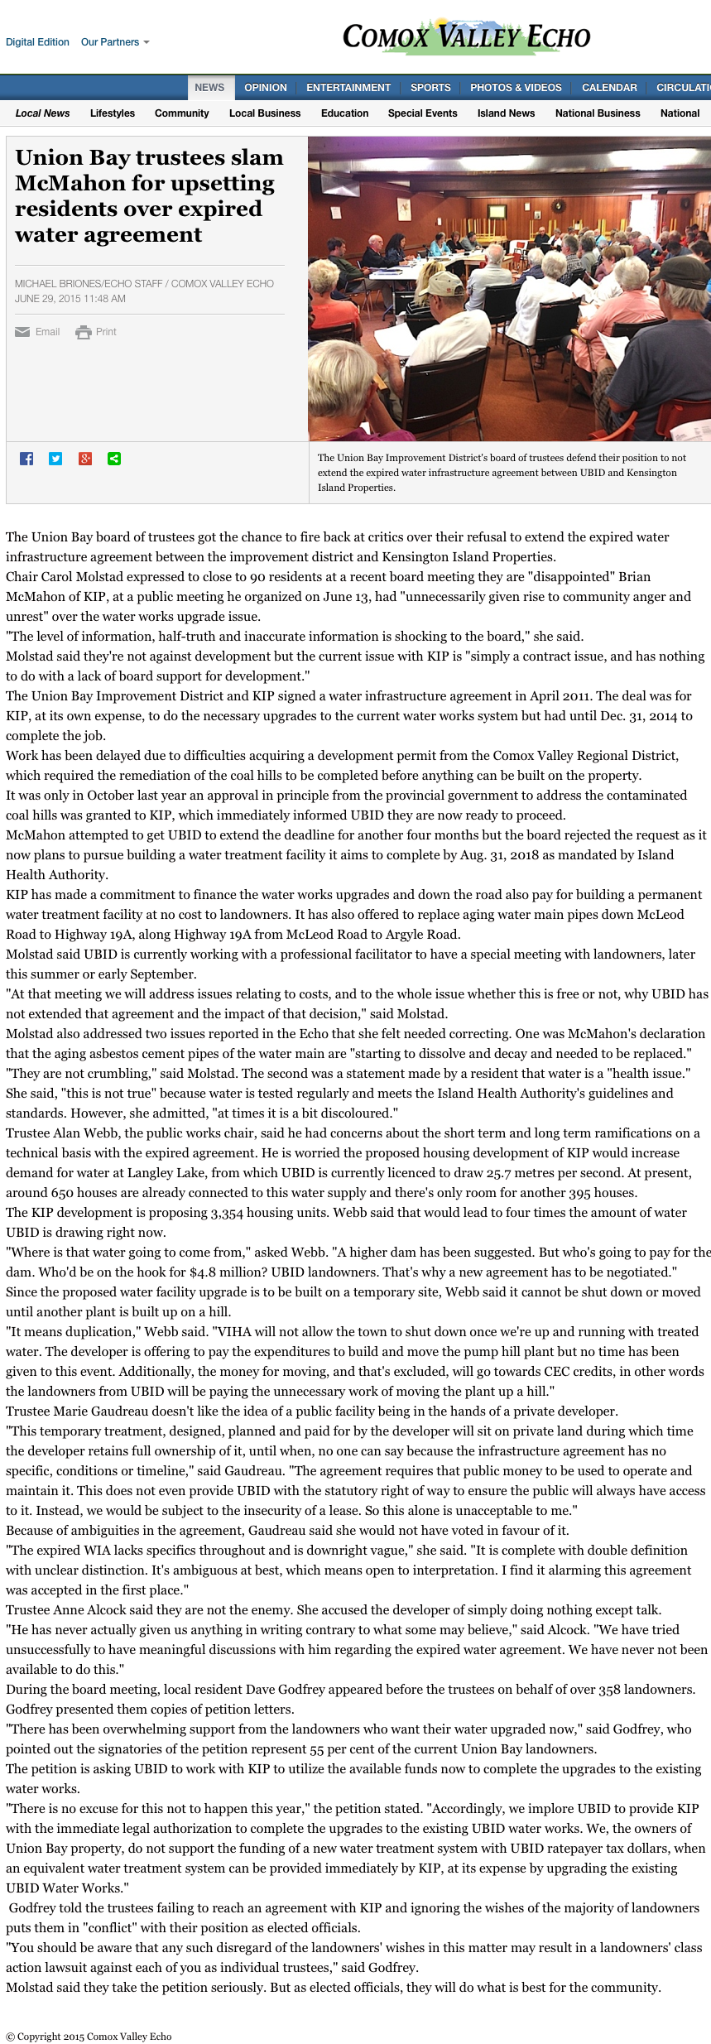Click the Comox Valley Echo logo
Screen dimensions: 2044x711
coord(466,37)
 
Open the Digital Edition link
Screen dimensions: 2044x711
coord(37,42)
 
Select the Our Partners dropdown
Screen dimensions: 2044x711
coord(114,42)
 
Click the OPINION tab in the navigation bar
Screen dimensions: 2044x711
coord(265,88)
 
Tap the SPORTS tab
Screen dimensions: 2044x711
coord(430,88)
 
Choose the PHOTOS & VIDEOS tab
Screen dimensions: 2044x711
coord(516,88)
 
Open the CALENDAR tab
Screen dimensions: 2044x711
coord(609,88)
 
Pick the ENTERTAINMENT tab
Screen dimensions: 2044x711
coord(348,88)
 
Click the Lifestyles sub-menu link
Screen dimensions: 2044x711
coord(113,113)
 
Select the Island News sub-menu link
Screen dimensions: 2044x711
coord(506,113)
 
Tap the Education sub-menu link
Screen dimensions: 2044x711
coord(344,113)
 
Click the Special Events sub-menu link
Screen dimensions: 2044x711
coord(422,113)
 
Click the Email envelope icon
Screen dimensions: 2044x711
coord(22,332)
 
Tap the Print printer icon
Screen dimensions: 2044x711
coord(84,332)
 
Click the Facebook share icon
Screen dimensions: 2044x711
coord(26,459)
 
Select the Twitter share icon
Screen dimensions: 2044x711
coord(55,459)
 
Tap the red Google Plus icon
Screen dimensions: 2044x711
coord(85,459)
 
